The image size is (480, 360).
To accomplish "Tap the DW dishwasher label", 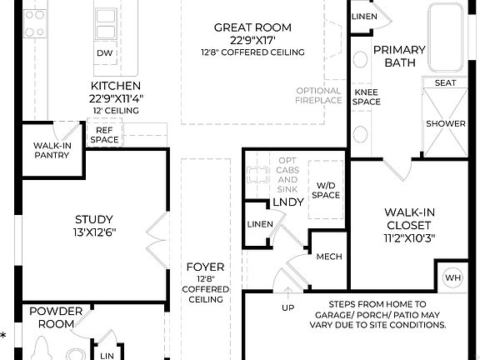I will pos(104,53).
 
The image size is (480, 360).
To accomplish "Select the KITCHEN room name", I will pos(116,86).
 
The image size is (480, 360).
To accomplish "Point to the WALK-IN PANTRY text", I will pos(51,150).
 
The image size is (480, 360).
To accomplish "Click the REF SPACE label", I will pos(104,135).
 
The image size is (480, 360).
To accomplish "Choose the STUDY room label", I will pos(87,221).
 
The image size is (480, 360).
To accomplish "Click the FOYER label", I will pos(205,267).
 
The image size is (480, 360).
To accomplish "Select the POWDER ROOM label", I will pos(56,317).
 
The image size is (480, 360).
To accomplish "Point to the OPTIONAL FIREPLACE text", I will pos(318,96).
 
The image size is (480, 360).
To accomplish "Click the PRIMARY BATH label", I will pos(399,56).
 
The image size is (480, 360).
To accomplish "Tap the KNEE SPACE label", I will pos(367,97).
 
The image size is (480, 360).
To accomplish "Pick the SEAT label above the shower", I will pos(446,82).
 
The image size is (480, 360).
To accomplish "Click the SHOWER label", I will pos(446,123).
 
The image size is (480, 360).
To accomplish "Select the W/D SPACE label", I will pos(325,190).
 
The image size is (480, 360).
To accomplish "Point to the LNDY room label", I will pos(288,203).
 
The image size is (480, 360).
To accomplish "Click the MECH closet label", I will pos(329,257).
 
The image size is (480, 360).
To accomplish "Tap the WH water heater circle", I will pos(452,277).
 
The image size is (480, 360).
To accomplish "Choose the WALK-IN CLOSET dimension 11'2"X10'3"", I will pos(408,237).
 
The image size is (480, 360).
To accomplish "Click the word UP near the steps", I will pos(289,307).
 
